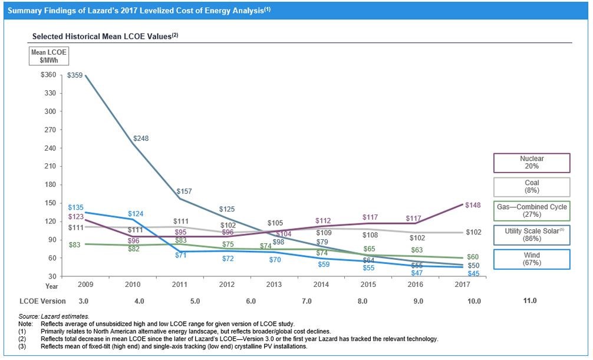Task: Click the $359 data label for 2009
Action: [x=75, y=75]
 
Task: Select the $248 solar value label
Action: [x=141, y=138]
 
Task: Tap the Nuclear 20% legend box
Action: [x=532, y=163]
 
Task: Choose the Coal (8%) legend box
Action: [x=532, y=187]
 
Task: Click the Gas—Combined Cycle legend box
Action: [x=532, y=211]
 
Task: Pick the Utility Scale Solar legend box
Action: [x=532, y=235]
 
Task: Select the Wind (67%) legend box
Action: [x=532, y=259]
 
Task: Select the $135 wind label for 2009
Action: [x=75, y=207]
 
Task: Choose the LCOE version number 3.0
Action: [x=84, y=300]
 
